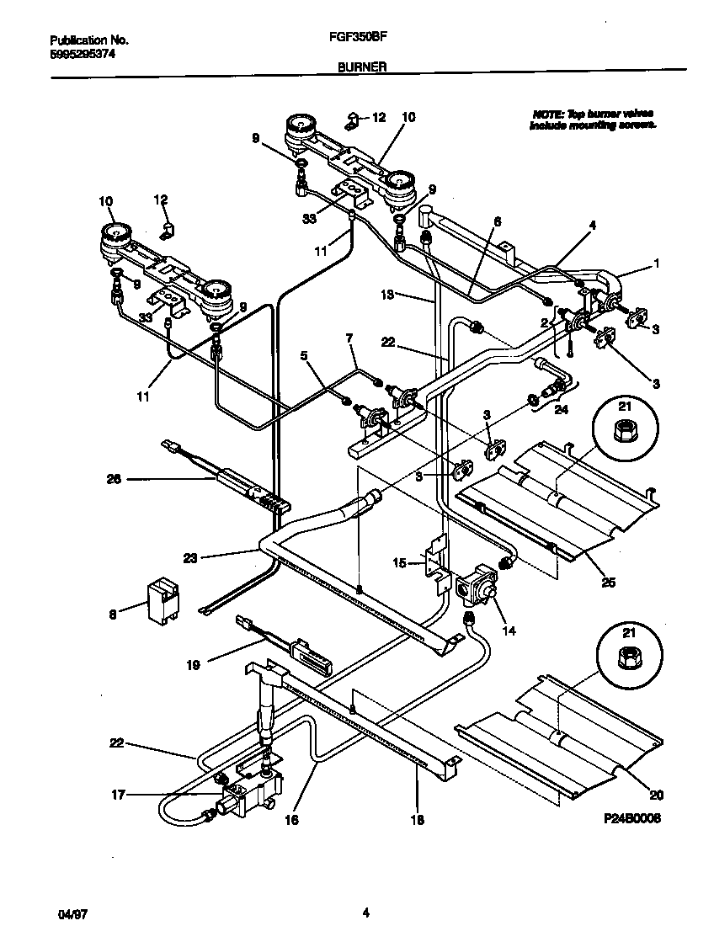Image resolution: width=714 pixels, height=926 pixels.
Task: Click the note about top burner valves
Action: tap(593, 119)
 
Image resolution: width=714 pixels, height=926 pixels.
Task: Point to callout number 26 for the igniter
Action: tap(115, 479)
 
